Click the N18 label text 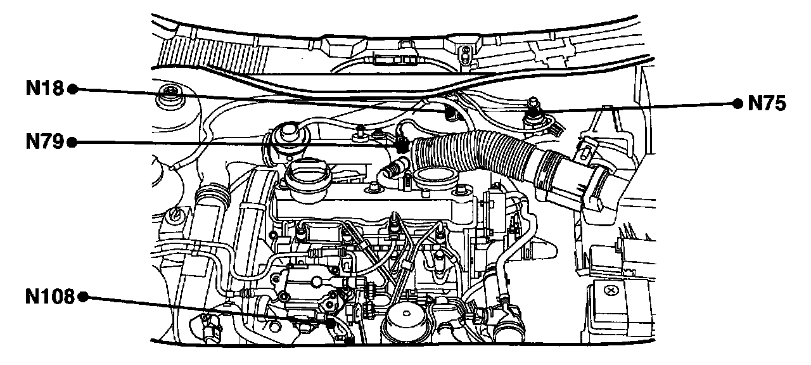pos(45,89)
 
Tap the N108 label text pos(50,297)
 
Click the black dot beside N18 pos(72,89)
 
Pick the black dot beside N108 pos(82,297)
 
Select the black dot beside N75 pos(737,103)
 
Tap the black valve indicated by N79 pos(401,144)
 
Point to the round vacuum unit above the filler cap pos(287,134)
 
